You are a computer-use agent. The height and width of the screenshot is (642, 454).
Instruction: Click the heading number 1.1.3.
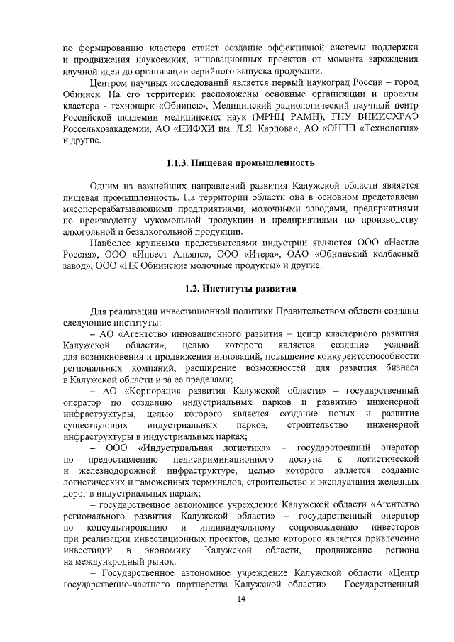tap(179, 163)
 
